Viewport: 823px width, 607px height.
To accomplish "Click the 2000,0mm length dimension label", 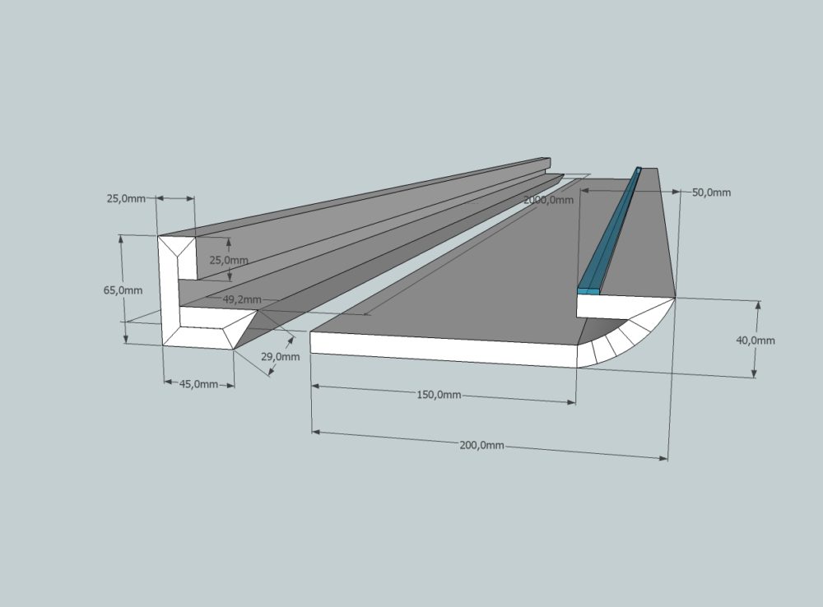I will pyautogui.click(x=549, y=200).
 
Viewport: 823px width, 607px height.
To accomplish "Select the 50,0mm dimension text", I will pyautogui.click(x=711, y=192).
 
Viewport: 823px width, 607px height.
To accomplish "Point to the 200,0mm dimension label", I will pyautogui.click(x=481, y=445).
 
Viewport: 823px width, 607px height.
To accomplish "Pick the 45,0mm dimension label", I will pyautogui.click(x=198, y=384).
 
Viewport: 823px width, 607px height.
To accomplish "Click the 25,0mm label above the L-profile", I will pyautogui.click(x=126, y=198).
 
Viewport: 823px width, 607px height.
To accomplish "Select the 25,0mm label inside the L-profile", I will pyautogui.click(x=228, y=260).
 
